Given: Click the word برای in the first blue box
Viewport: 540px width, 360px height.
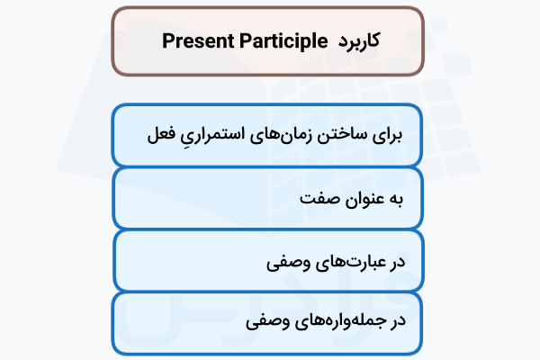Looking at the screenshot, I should click(383, 136).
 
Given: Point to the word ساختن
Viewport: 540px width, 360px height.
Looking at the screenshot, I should click(338, 136).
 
